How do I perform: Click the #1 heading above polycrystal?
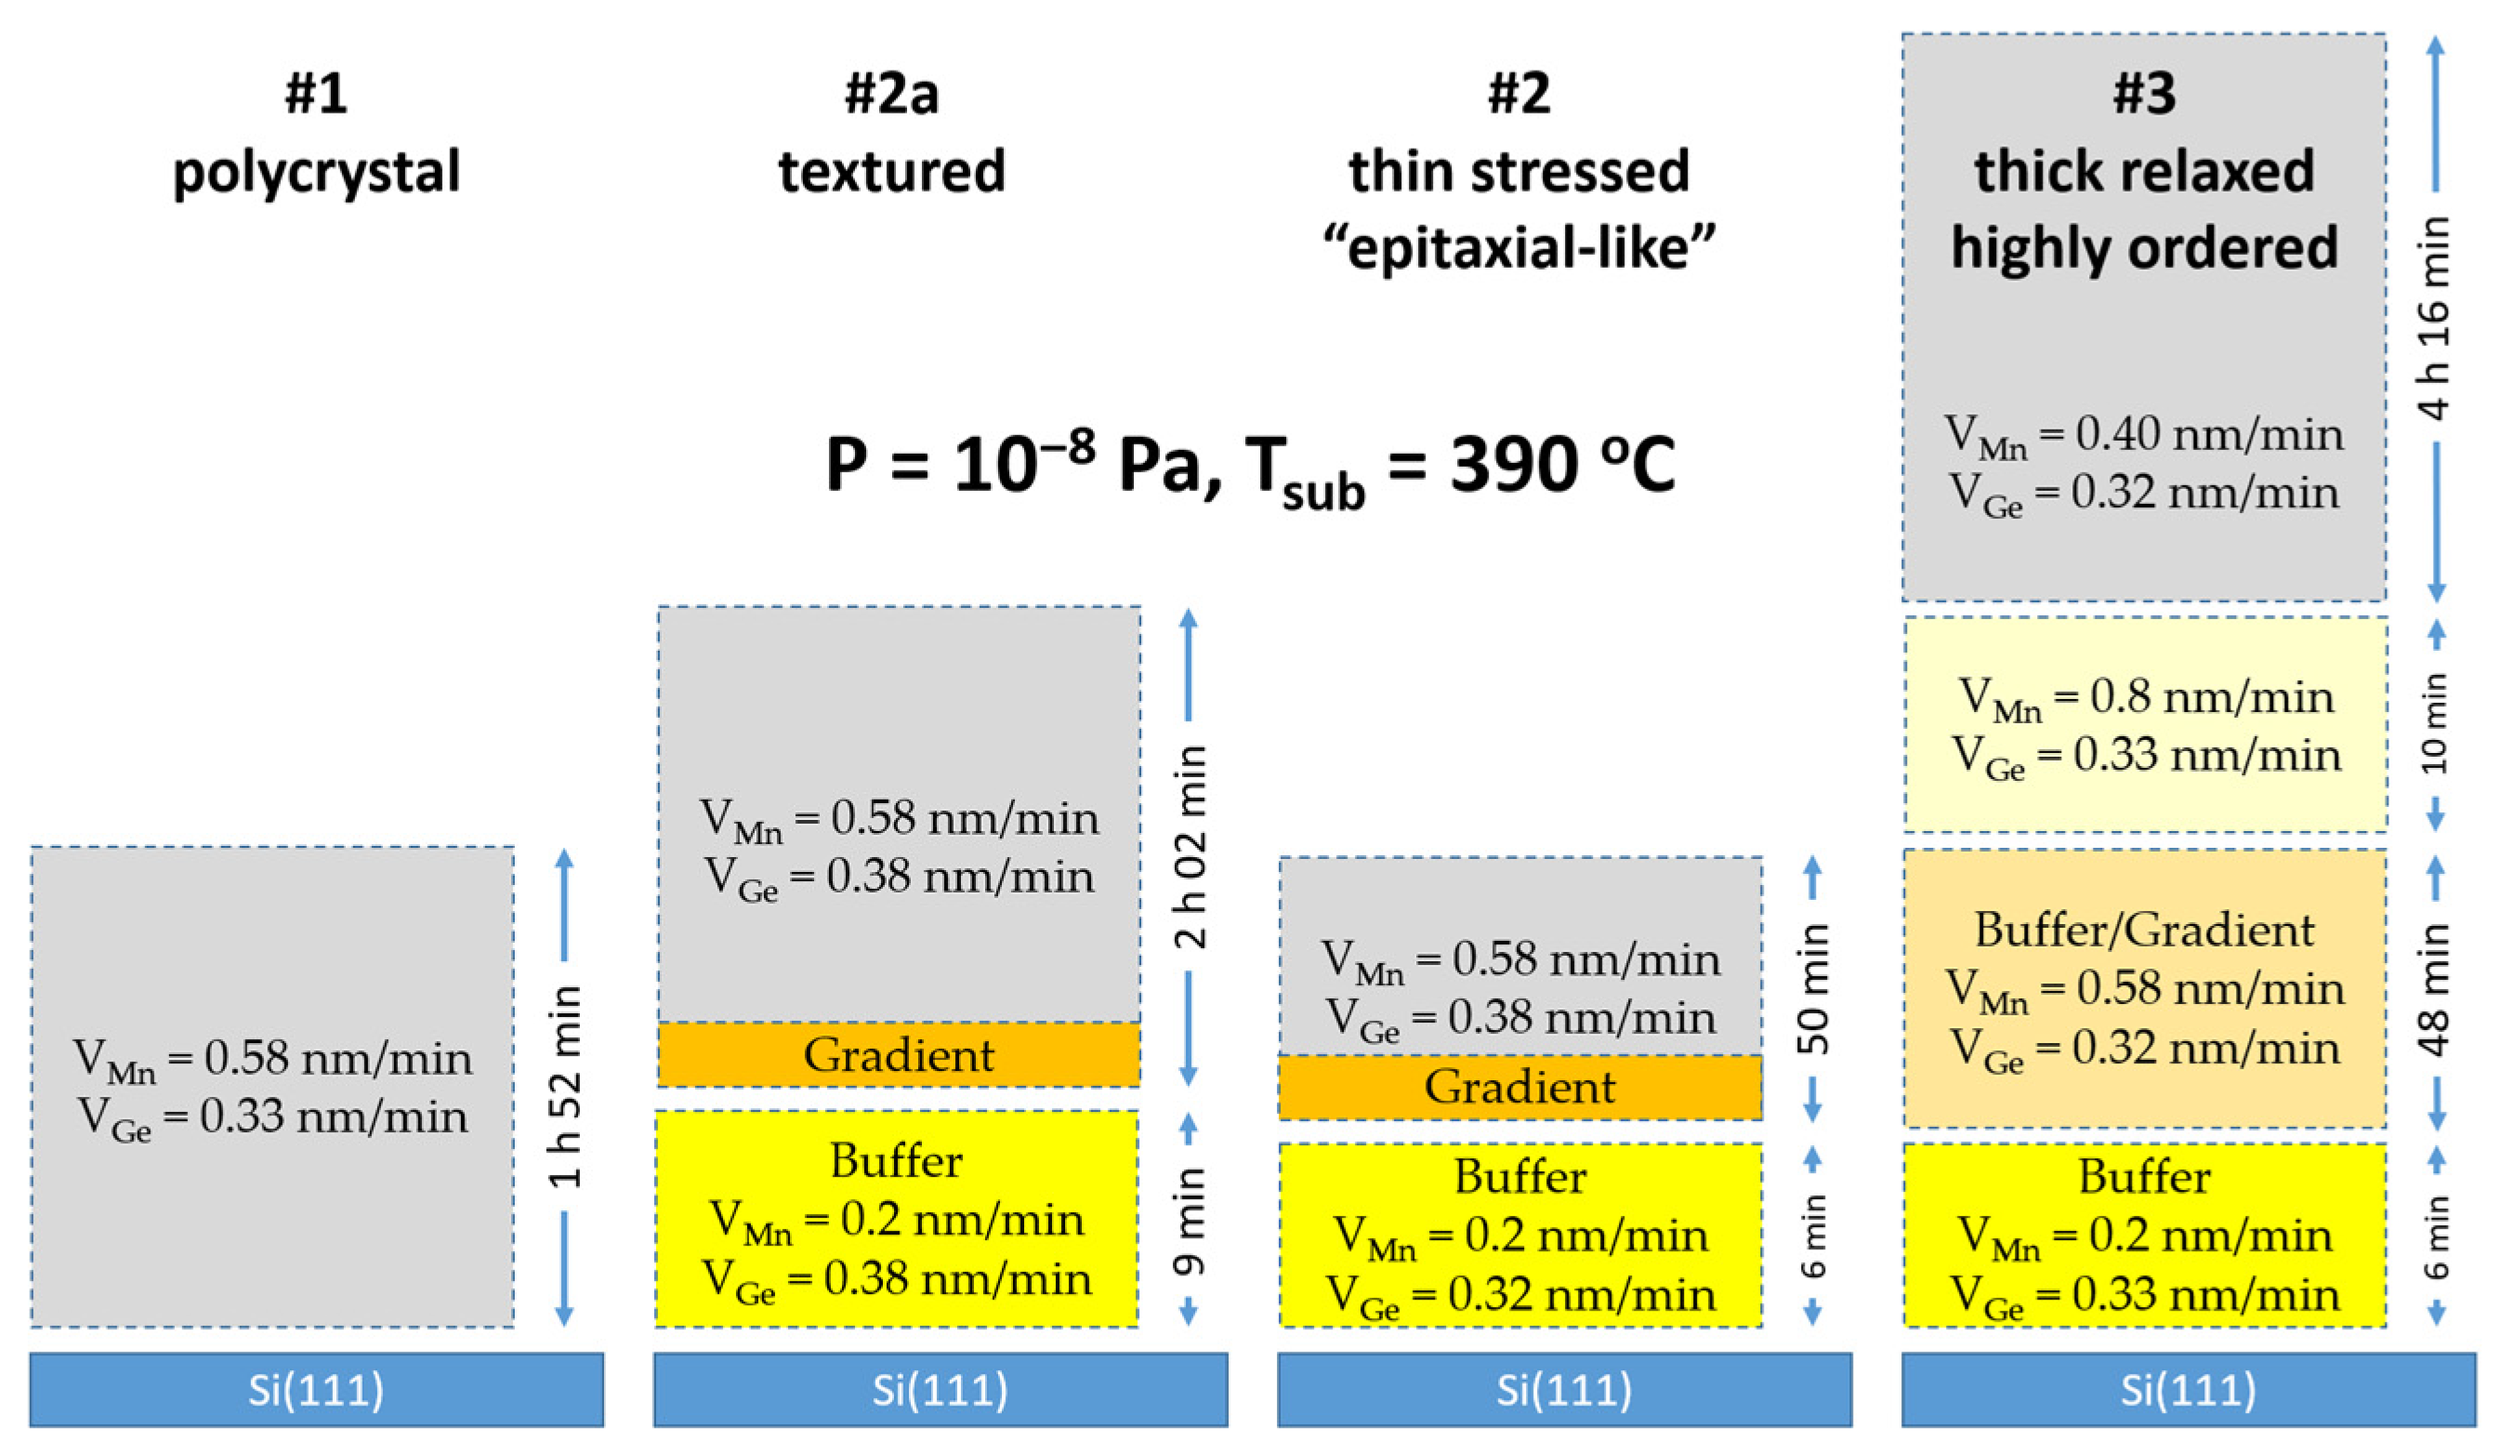(315, 94)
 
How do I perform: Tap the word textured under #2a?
(891, 172)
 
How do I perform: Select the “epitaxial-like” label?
(1519, 247)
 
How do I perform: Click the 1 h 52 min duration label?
(564, 1086)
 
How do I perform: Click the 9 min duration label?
(1189, 1220)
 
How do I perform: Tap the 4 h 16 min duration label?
(2435, 317)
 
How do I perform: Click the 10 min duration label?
(2435, 724)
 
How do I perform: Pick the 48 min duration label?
(2435, 989)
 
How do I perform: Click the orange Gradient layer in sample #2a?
(899, 1054)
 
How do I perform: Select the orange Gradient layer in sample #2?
(1520, 1087)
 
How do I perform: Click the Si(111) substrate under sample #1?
(316, 1390)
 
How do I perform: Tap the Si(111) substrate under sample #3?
(2188, 1390)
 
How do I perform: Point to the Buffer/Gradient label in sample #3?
(2144, 931)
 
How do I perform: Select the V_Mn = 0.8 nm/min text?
(2146, 697)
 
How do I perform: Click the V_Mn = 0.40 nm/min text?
(2144, 434)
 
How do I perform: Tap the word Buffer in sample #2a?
(897, 1160)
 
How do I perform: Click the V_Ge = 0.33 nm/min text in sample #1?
(272, 1117)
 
